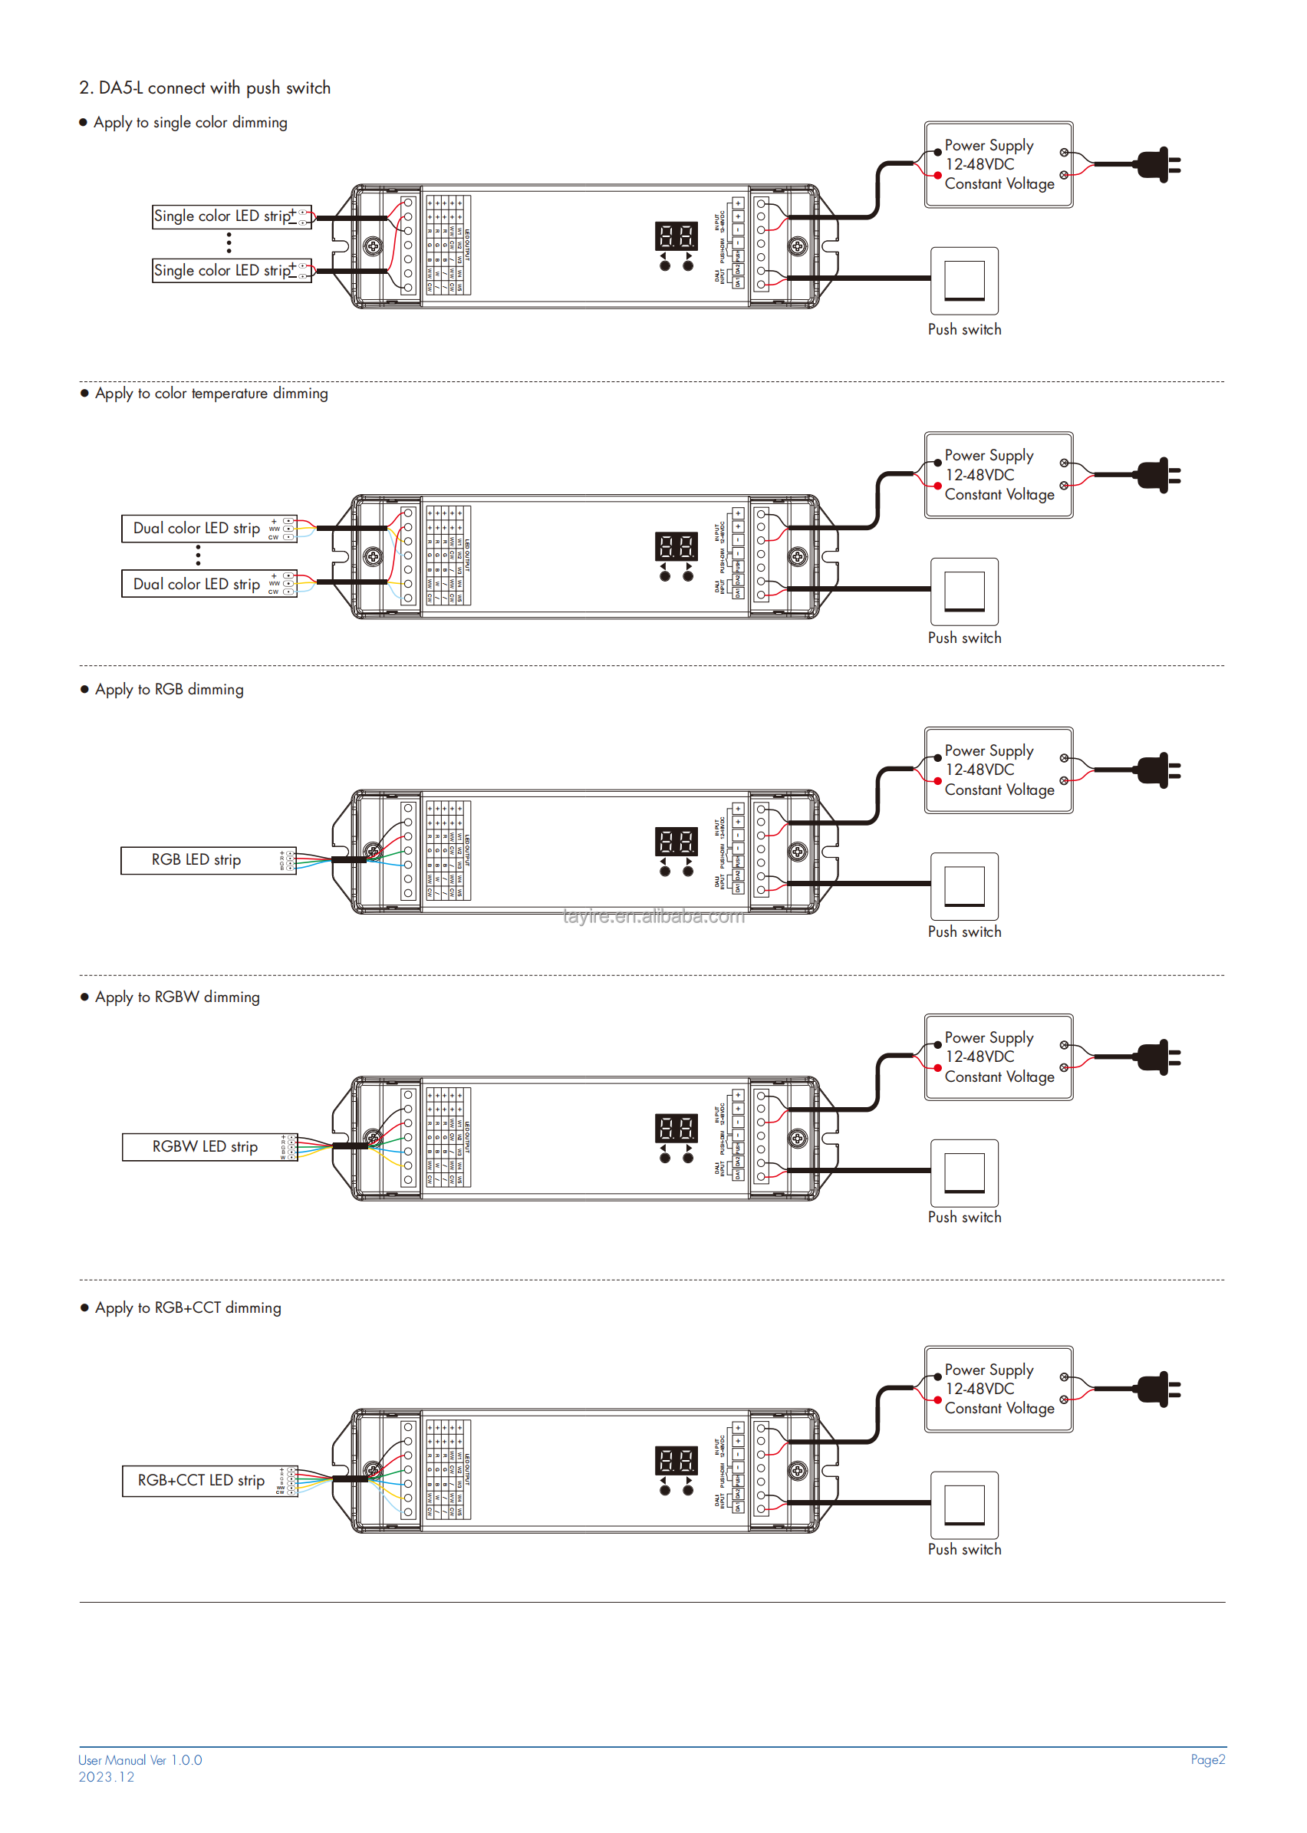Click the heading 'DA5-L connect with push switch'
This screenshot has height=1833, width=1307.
point(205,87)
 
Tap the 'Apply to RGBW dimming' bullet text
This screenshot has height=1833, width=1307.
point(177,997)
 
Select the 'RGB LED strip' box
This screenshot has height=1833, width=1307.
point(209,861)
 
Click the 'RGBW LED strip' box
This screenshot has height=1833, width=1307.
point(209,1147)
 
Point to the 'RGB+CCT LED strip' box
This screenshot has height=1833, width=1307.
point(209,1482)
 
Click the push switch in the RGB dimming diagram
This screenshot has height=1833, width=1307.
point(964,886)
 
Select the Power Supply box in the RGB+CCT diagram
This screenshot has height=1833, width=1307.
point(998,1390)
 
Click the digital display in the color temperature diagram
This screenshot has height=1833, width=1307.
point(676,547)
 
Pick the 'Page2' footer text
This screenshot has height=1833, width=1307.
point(1207,1760)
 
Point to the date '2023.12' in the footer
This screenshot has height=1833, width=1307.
point(107,1778)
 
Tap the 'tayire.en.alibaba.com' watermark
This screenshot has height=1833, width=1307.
point(653,917)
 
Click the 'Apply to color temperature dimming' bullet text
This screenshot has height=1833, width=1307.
point(211,394)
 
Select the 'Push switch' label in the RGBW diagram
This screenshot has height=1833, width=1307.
point(964,1218)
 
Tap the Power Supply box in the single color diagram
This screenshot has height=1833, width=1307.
point(998,165)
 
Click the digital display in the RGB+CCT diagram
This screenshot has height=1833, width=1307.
point(676,1461)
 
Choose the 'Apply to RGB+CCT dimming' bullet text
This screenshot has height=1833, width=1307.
point(187,1308)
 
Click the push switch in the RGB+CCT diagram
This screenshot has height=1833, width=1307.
point(964,1505)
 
